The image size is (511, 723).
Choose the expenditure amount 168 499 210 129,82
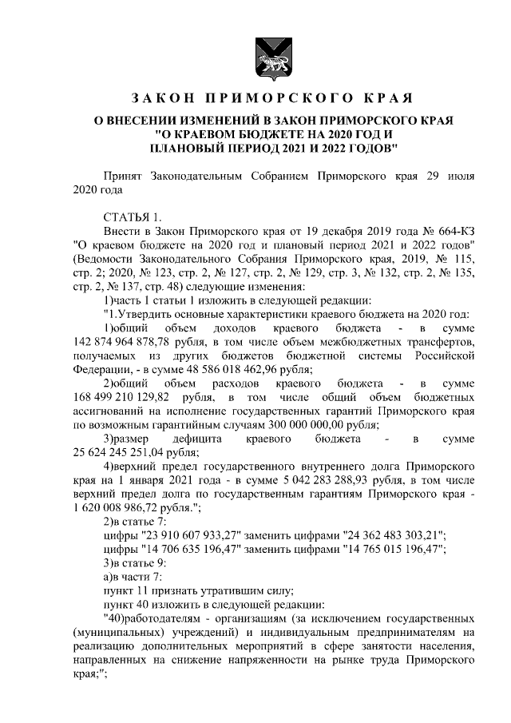coord(128,397)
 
